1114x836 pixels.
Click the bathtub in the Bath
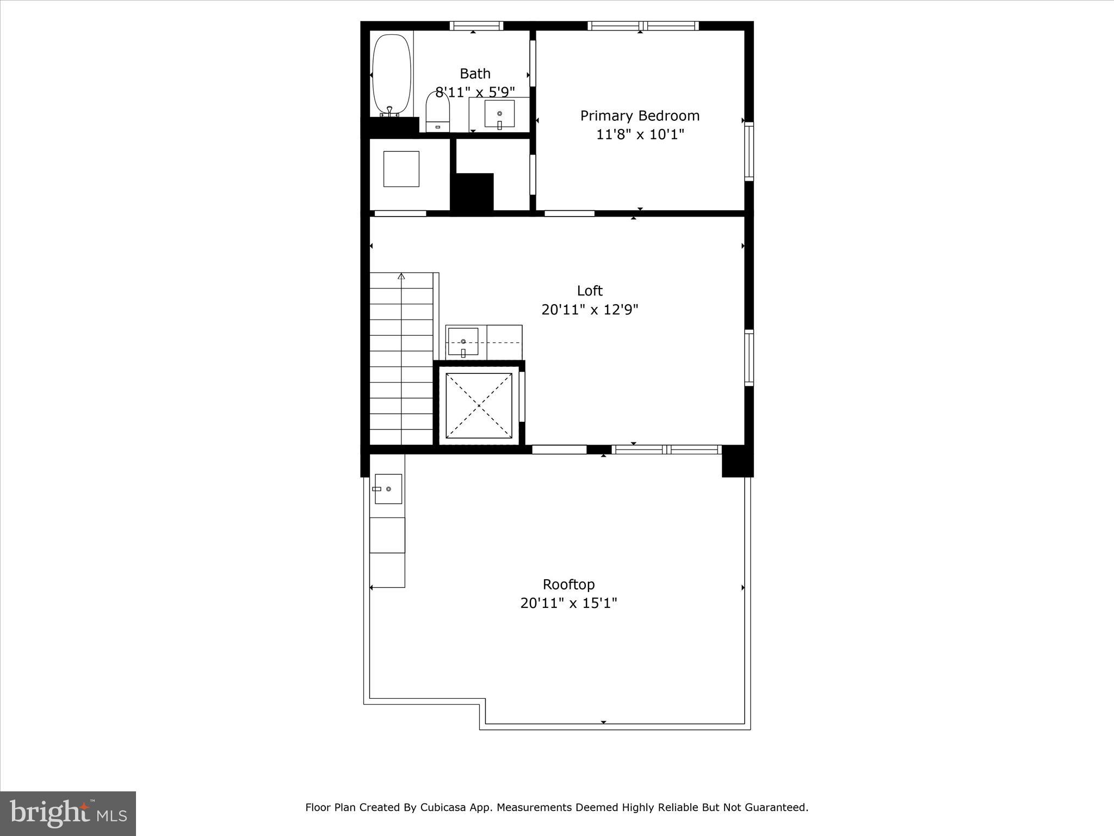[x=391, y=75]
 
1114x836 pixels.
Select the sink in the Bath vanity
[x=499, y=114]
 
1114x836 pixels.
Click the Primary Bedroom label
[x=640, y=116]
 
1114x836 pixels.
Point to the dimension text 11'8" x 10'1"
[x=640, y=134]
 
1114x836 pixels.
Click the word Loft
[x=590, y=291]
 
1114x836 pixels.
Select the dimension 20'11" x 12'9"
[x=590, y=310]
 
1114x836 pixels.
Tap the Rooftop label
[x=568, y=585]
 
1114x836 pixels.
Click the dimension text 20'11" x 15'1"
[x=568, y=603]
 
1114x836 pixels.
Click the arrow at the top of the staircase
[x=401, y=276]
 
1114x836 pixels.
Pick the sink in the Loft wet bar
[x=463, y=342]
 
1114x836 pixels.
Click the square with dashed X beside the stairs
[x=479, y=405]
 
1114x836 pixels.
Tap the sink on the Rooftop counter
[x=388, y=489]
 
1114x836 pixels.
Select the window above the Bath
[x=476, y=26]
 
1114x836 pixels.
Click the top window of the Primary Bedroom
[x=643, y=26]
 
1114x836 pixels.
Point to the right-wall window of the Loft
[x=749, y=358]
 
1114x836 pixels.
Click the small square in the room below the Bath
[x=401, y=169]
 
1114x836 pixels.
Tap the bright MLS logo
[x=68, y=813]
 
